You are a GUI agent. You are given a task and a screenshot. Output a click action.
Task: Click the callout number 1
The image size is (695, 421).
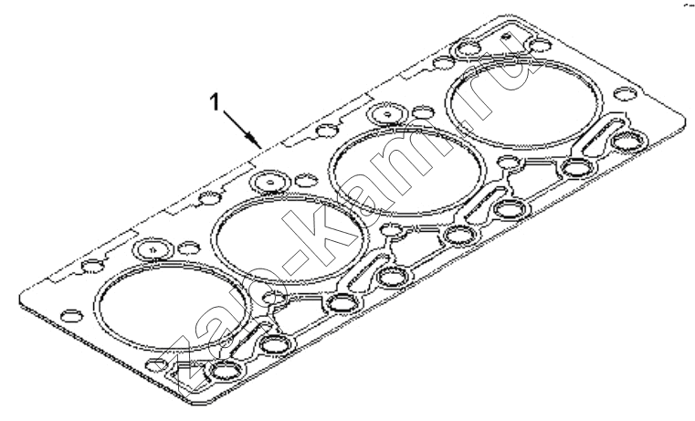pos(215,103)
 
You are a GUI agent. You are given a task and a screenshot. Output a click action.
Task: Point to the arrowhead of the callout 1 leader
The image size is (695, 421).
pos(256,142)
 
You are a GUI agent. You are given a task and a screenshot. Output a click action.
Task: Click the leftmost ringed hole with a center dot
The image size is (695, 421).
pos(152,250)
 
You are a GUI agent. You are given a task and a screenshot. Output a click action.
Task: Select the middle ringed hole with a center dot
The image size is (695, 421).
pos(269,182)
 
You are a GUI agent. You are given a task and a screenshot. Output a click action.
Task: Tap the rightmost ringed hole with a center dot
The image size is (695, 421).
pos(388,114)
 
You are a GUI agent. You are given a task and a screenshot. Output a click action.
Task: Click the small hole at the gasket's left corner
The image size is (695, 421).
pos(72,316)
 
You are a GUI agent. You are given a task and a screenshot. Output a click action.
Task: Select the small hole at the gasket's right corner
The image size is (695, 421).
pos(625,94)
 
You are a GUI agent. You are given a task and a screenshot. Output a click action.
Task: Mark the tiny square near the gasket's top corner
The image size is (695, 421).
pos(507,36)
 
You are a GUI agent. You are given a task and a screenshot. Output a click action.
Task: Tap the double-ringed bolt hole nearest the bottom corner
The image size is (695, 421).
pos(226,371)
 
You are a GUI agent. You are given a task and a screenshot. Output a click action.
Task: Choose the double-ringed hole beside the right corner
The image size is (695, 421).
pos(628,142)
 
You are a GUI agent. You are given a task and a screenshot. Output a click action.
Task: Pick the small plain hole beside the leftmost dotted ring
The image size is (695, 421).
pos(189,248)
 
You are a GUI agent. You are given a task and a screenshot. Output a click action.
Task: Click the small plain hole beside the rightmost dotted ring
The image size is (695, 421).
pos(424,112)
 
